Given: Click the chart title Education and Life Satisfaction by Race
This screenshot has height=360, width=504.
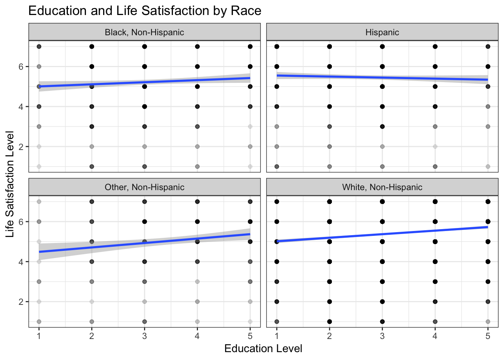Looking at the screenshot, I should [x=145, y=10].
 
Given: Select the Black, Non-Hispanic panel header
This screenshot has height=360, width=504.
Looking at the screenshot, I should [x=144, y=32].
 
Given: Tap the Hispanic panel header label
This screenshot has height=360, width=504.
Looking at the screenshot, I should [x=382, y=32].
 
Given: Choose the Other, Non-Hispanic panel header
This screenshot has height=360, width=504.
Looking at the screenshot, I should [x=144, y=187].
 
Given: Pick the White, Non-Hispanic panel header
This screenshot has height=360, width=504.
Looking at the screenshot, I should [x=382, y=187].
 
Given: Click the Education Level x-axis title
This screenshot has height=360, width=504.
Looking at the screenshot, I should [x=263, y=349].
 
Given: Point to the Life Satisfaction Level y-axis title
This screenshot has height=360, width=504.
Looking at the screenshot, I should [x=10, y=184].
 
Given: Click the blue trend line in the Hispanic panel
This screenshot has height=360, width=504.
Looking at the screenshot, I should [x=382, y=78].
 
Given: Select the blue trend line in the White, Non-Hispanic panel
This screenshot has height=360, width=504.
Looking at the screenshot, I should [x=382, y=234].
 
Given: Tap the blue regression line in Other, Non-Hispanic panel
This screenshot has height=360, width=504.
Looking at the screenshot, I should [x=144, y=243].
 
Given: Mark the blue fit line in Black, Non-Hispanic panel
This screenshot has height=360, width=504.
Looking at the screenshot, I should [x=144, y=82].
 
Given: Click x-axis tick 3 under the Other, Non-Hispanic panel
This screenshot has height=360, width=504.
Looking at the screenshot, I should [x=144, y=336].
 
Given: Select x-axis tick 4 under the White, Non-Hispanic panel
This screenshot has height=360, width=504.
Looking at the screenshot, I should [x=435, y=336].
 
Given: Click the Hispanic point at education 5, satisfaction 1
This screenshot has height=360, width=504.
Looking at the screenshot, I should [x=488, y=166].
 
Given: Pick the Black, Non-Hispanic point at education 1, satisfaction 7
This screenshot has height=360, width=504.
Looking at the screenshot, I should [x=39, y=46].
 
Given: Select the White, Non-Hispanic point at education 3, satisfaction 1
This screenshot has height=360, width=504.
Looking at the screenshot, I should [x=382, y=321].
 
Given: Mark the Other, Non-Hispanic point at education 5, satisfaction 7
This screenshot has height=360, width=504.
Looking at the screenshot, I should [x=250, y=202].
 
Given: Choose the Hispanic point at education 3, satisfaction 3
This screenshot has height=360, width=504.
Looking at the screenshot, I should [x=382, y=126].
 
